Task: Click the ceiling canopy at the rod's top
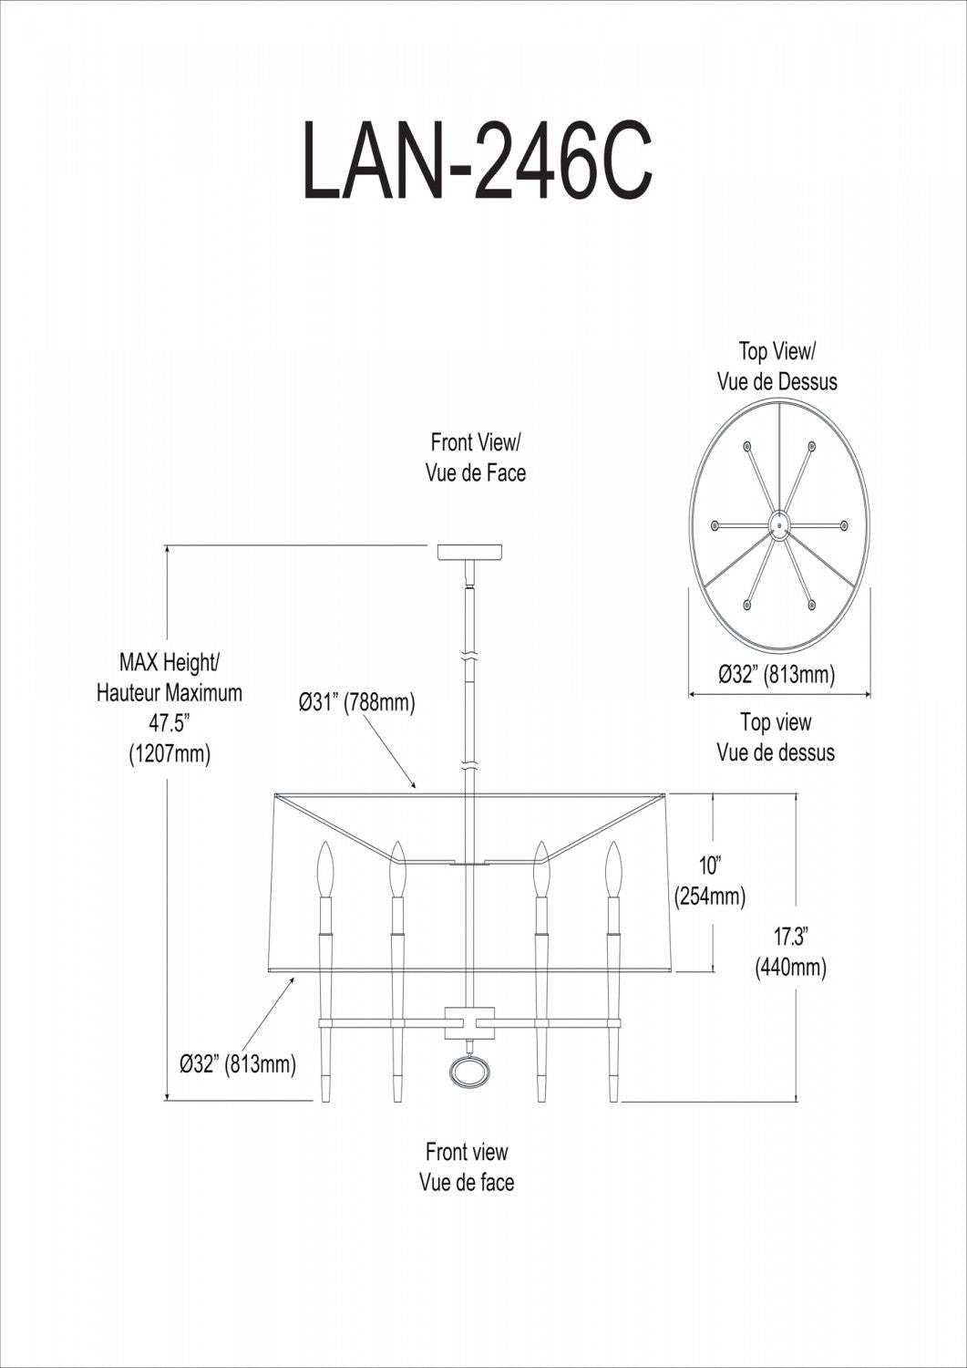(469, 553)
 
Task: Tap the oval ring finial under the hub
(468, 1072)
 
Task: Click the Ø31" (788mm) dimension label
(356, 704)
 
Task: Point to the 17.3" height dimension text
(791, 936)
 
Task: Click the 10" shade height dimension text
(710, 865)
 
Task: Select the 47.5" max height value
(169, 724)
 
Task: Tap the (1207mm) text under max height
(169, 754)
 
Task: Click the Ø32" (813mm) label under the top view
(777, 675)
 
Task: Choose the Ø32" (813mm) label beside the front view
(238, 1063)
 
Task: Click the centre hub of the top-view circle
(778, 524)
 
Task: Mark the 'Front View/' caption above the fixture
(475, 443)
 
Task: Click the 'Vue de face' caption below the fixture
(467, 1183)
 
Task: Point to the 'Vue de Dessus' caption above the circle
(777, 381)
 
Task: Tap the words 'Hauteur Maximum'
(170, 693)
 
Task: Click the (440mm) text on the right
(790, 967)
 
